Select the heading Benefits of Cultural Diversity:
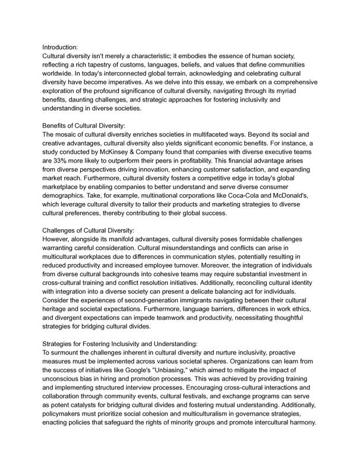coord(84,126)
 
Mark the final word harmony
coord(302,424)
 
